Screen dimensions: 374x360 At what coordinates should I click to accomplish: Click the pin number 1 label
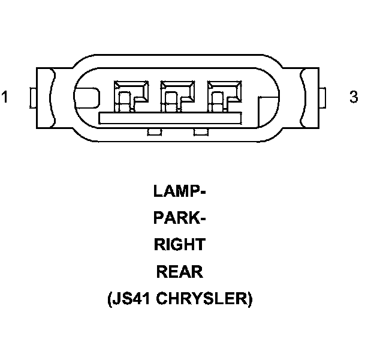coord(5,97)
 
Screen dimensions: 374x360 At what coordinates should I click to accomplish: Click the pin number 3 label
coord(354,97)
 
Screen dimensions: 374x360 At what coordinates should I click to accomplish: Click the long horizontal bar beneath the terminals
coord(177,118)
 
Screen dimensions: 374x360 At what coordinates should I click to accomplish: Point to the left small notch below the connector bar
coord(154,131)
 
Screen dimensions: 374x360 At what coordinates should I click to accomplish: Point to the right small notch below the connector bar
coord(200,131)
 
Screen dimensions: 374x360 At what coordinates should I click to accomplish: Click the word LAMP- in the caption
coord(180,191)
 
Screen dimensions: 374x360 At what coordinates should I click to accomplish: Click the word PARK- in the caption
coord(180,218)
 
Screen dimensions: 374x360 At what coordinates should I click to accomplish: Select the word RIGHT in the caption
coord(180,245)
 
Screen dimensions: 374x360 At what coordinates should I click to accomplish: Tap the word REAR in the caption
coord(180,272)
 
